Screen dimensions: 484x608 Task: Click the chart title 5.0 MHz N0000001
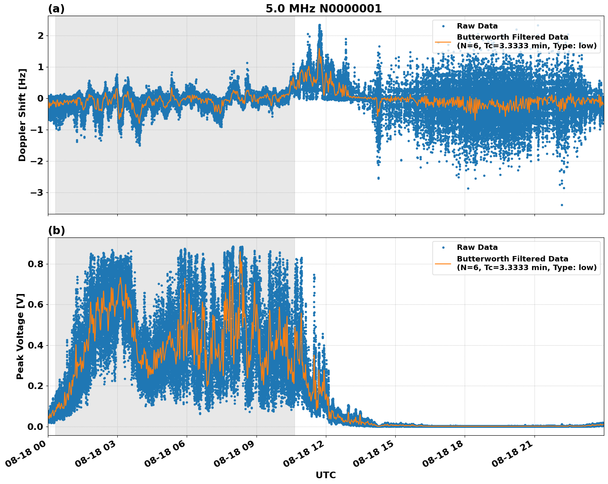click(x=323, y=9)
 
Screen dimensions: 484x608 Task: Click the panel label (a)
click(x=56, y=9)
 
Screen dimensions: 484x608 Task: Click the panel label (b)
click(x=56, y=230)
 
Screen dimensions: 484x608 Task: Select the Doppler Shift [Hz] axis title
click(x=22, y=115)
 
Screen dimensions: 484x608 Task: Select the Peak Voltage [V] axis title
click(x=20, y=336)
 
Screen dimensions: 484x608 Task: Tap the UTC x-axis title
click(x=325, y=475)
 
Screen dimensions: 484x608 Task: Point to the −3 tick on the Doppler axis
click(x=36, y=193)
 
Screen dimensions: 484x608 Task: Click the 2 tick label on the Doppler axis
click(x=40, y=36)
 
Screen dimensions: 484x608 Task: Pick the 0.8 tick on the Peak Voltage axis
click(x=35, y=264)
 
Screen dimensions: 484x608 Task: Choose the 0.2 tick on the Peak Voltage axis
click(x=35, y=386)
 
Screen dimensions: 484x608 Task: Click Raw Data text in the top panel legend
click(x=477, y=26)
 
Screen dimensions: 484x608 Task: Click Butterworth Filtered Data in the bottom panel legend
click(x=512, y=259)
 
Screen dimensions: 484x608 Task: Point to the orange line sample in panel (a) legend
click(x=443, y=42)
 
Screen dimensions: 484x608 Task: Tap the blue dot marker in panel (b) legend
click(x=443, y=247)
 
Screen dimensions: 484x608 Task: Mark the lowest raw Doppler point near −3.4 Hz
click(x=562, y=205)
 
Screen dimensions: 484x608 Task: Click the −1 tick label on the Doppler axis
click(x=36, y=130)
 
